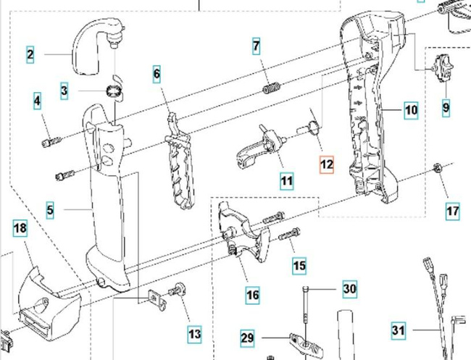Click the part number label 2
click(x=30, y=54)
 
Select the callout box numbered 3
click(x=64, y=91)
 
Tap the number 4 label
click(x=37, y=101)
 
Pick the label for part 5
click(x=50, y=211)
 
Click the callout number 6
click(x=157, y=73)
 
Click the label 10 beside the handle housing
click(x=411, y=111)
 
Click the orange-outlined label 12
click(x=327, y=164)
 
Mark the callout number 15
click(x=299, y=266)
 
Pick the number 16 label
click(x=252, y=295)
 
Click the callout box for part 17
click(x=452, y=212)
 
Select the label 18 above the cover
click(x=20, y=230)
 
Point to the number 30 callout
click(x=349, y=289)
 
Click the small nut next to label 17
click(x=438, y=169)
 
